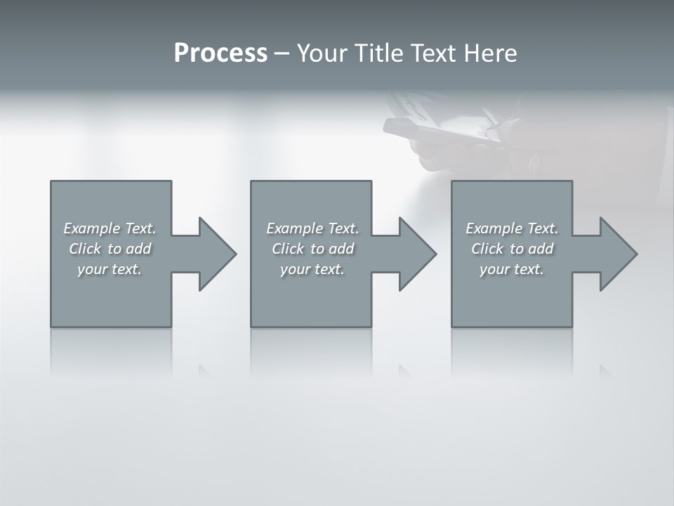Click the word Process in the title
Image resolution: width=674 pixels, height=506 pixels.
[220, 53]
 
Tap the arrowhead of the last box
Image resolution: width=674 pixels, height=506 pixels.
[617, 254]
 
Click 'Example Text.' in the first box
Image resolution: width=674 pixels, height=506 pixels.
[110, 228]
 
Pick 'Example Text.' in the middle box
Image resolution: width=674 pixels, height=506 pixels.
[312, 228]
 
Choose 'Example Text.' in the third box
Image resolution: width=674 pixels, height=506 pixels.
[512, 228]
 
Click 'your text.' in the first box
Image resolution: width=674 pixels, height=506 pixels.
[110, 269]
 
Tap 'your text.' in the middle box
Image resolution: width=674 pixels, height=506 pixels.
[312, 269]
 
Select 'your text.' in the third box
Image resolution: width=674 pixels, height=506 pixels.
[512, 269]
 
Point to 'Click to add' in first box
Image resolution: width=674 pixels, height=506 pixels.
[110, 249]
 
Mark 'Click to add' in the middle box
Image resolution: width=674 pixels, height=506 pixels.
[312, 249]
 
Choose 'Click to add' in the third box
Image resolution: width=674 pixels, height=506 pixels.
[512, 249]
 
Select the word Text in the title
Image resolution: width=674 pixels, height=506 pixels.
[429, 53]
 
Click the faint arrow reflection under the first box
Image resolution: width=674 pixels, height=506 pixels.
[204, 370]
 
